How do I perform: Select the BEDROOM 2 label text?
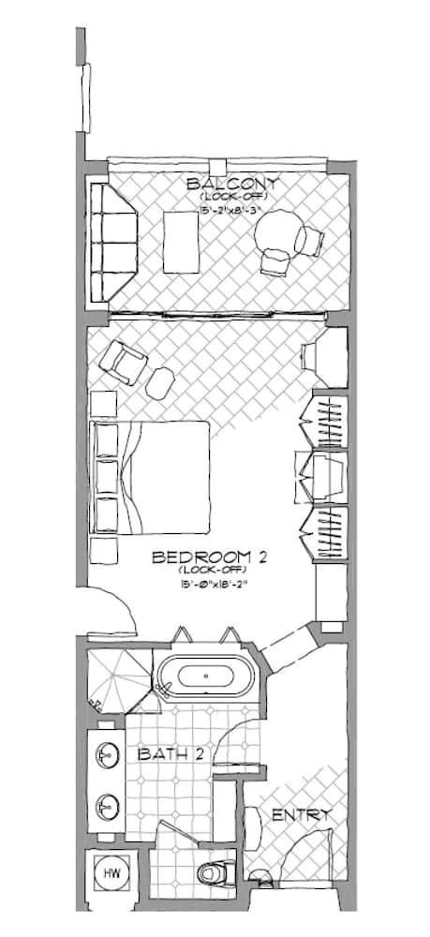[210, 558]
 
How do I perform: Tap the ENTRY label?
[301, 815]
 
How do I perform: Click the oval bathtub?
[204, 677]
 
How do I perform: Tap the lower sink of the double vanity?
[108, 804]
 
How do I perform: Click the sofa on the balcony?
[112, 242]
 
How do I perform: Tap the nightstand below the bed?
[102, 551]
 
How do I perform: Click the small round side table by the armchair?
[161, 379]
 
